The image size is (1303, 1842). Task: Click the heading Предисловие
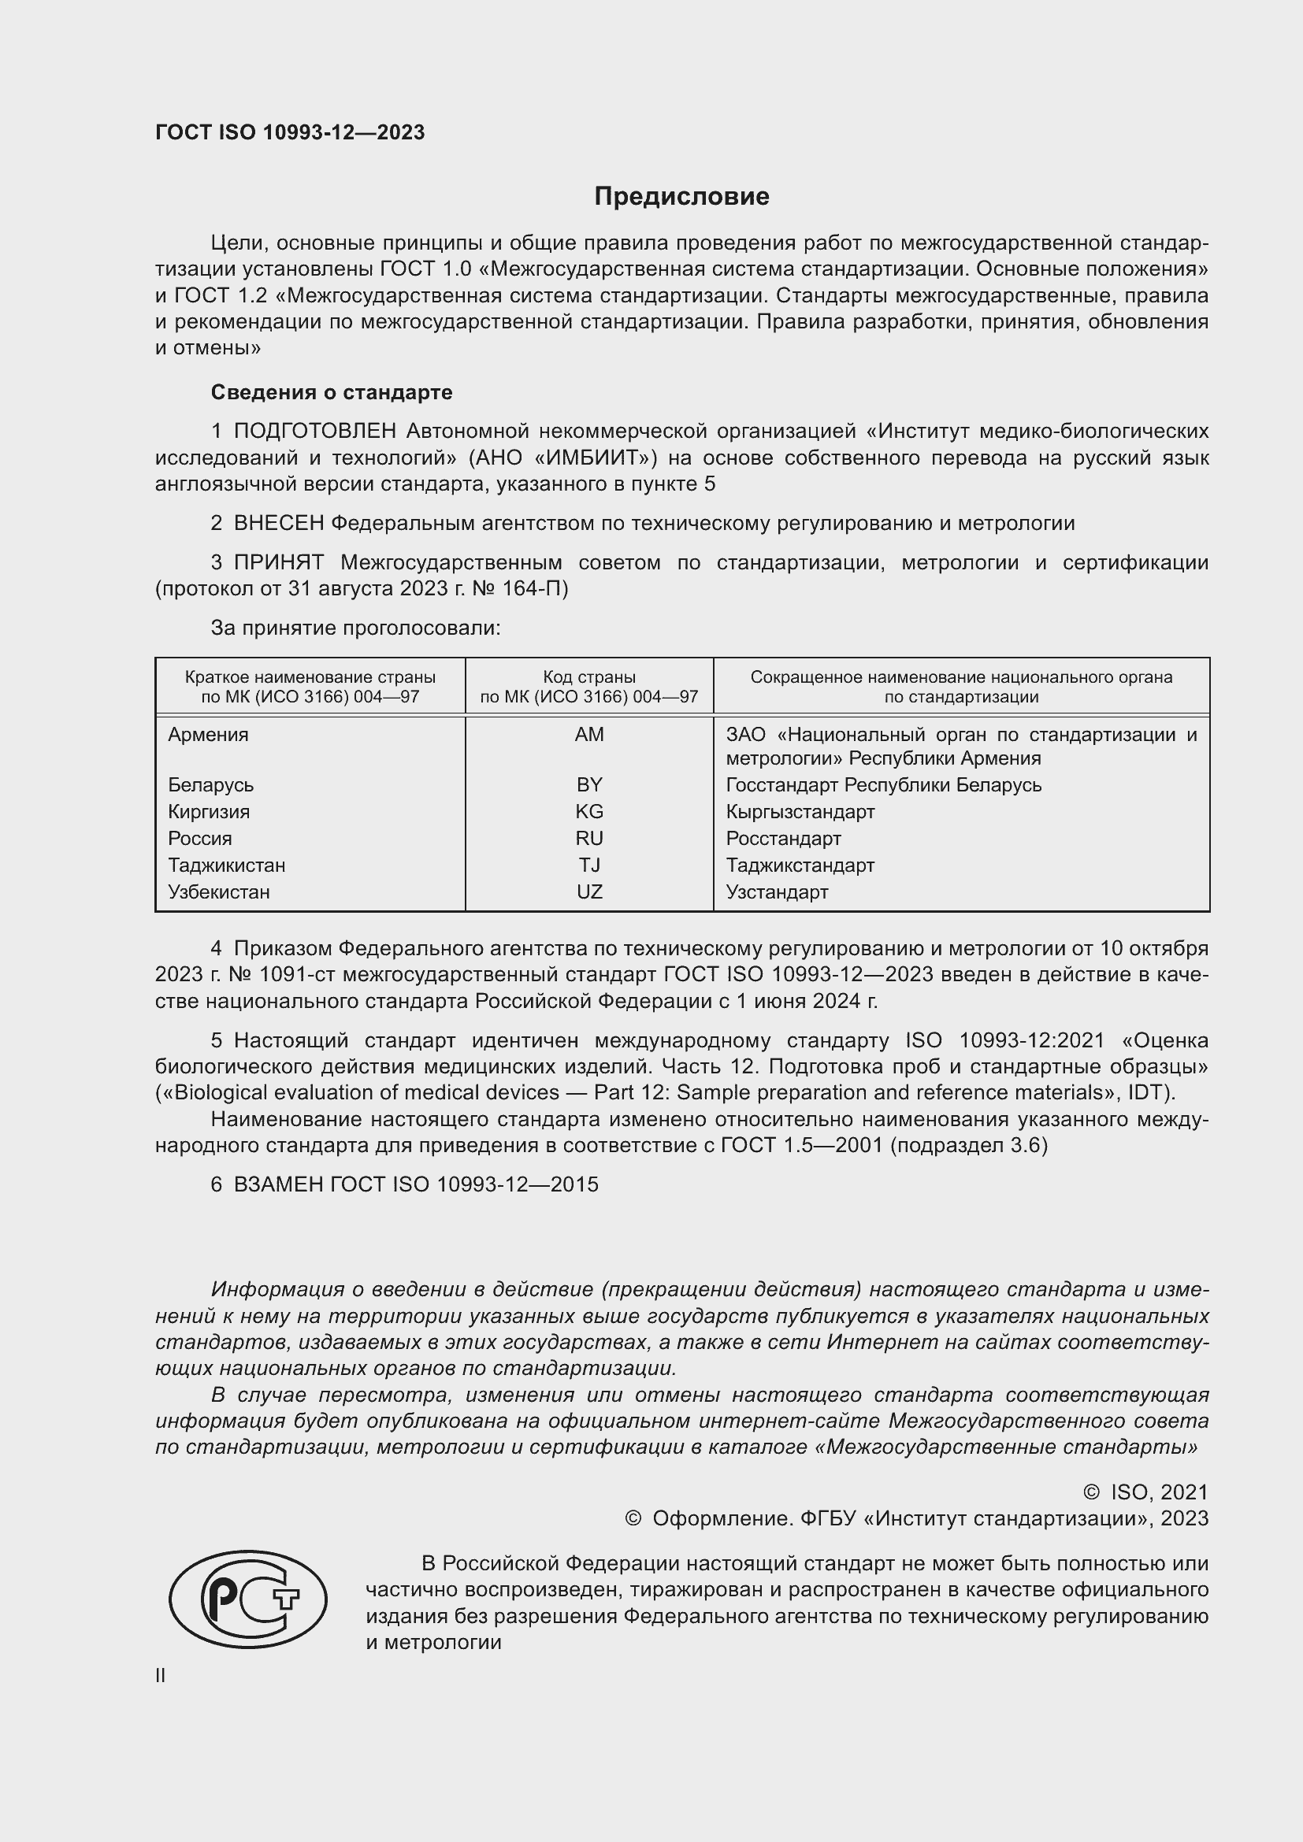(x=681, y=197)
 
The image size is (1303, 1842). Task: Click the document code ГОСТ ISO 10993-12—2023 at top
(x=290, y=132)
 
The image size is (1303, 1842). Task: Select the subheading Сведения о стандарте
(x=332, y=392)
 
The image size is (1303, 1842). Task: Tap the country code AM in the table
(x=589, y=734)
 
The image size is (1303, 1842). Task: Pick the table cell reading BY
(x=589, y=784)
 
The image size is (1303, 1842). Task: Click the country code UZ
(x=589, y=891)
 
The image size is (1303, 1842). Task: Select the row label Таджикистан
(x=226, y=865)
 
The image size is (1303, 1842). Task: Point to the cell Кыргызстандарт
(x=800, y=811)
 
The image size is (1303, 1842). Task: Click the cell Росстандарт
(x=783, y=839)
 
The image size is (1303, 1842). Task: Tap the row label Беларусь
(x=210, y=784)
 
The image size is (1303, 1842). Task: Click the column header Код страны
(x=589, y=677)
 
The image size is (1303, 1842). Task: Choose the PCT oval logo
(x=248, y=1599)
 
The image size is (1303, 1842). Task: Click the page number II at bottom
(x=161, y=1675)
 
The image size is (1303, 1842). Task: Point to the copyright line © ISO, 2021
(x=1145, y=1492)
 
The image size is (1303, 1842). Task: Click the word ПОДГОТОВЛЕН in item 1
(x=314, y=432)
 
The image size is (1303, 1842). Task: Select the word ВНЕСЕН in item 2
(x=278, y=523)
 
